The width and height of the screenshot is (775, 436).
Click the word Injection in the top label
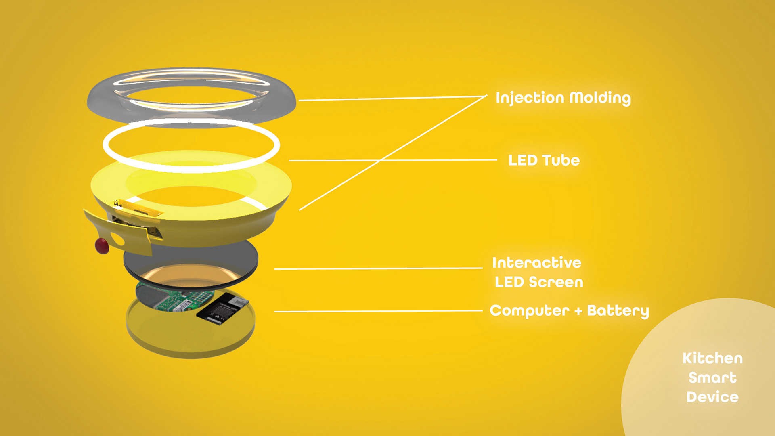(x=530, y=98)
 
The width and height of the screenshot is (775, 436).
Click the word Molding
(x=600, y=98)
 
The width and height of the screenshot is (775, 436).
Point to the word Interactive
(x=536, y=263)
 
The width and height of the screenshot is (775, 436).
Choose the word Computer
(x=529, y=311)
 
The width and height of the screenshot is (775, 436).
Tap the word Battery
(x=618, y=311)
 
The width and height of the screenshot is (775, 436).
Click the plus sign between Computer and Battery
(x=578, y=311)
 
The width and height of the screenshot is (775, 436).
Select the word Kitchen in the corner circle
(x=712, y=358)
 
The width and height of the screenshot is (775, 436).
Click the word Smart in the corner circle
(x=712, y=378)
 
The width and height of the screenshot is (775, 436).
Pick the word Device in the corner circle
(x=712, y=397)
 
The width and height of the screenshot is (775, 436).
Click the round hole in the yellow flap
(x=117, y=239)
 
